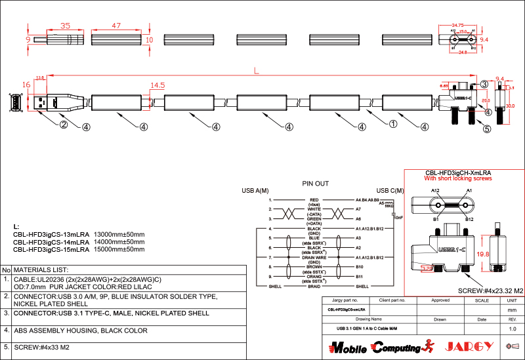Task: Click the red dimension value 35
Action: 65,26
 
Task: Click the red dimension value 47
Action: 116,26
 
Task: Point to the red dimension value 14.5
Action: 157,85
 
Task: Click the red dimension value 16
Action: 26,85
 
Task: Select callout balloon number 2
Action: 64,125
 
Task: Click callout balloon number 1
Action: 393,123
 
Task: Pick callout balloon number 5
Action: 486,129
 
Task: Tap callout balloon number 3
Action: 484,84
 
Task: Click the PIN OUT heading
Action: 315,184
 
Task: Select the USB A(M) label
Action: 255,191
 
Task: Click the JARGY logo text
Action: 469,346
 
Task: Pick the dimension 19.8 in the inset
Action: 484,254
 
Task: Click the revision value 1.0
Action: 513,329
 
